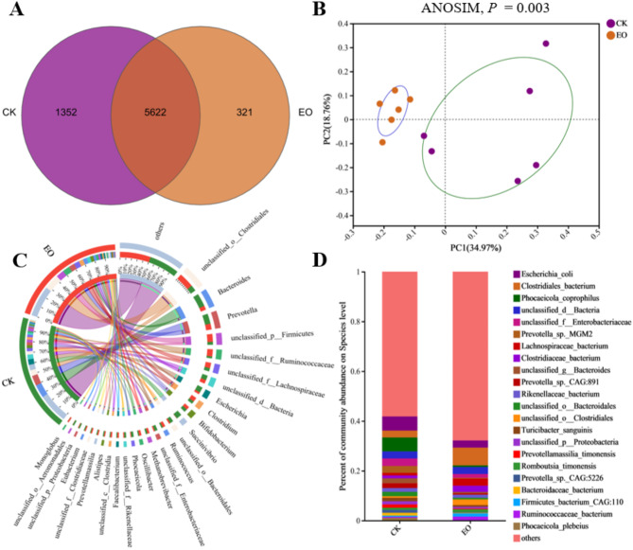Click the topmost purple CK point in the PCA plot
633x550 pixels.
tap(546, 44)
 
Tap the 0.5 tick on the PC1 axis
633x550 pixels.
tap(595, 231)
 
